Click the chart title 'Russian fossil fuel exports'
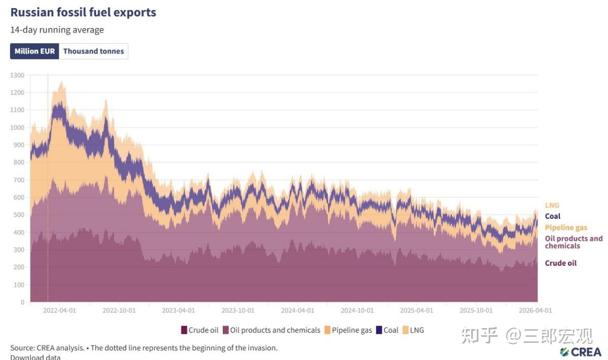[x=83, y=13]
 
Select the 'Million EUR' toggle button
[x=34, y=51]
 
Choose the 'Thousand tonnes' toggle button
[x=93, y=51]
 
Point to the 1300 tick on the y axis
[x=17, y=75]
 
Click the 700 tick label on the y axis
[x=19, y=180]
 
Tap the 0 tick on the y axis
[x=22, y=302]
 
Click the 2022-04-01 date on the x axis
[x=59, y=310]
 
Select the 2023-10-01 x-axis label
[x=238, y=310]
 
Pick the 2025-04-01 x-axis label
[x=416, y=310]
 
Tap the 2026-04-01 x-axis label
[x=535, y=310]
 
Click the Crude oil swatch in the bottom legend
[x=184, y=330]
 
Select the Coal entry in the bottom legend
[x=387, y=330]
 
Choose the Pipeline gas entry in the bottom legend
[x=348, y=330]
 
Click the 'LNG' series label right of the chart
[x=552, y=206]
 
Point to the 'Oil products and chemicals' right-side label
[x=574, y=242]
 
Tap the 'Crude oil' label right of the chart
[x=560, y=263]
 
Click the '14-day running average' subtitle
[x=57, y=30]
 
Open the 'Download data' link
[x=35, y=357]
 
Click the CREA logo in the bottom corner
[x=580, y=352]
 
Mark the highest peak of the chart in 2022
[x=62, y=82]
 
